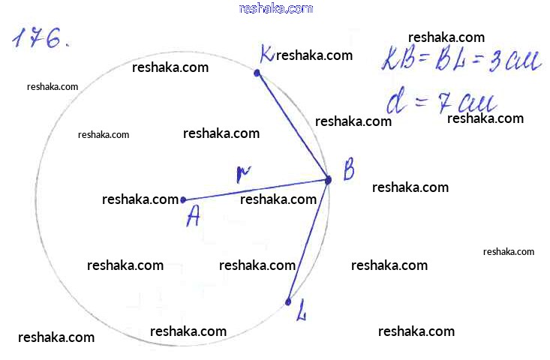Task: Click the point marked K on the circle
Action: pyautogui.click(x=257, y=73)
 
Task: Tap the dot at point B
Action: pyautogui.click(x=328, y=179)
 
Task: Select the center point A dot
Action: pyautogui.click(x=184, y=199)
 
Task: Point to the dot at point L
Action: pyautogui.click(x=288, y=301)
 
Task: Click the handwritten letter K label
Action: pyautogui.click(x=266, y=54)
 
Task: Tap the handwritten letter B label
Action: pyautogui.click(x=348, y=172)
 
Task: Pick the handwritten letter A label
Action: pyautogui.click(x=194, y=217)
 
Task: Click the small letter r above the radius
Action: pyautogui.click(x=241, y=175)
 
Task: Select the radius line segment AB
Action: pyautogui.click(x=255, y=190)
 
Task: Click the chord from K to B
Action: pyautogui.click(x=293, y=126)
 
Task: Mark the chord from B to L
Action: pyautogui.click(x=308, y=240)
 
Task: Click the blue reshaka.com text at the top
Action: pyautogui.click(x=275, y=8)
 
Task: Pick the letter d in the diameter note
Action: pyautogui.click(x=395, y=100)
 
